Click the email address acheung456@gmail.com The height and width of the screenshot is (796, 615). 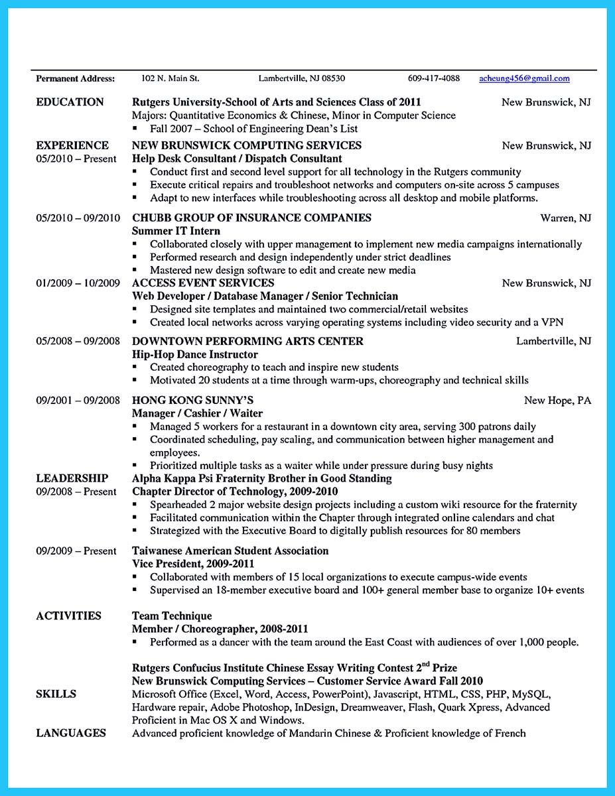click(524, 78)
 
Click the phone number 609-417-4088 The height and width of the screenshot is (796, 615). click(433, 78)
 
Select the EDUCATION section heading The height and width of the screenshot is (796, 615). click(70, 102)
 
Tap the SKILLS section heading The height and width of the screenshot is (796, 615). click(56, 694)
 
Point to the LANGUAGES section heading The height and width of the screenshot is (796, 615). click(71, 733)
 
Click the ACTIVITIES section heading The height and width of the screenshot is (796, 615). click(68, 616)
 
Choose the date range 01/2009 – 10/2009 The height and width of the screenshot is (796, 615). click(78, 283)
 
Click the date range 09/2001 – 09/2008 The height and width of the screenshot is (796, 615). click(78, 401)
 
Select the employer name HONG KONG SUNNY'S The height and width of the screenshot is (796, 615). click(192, 401)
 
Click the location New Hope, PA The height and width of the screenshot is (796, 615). click(557, 401)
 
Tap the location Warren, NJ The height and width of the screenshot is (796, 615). click(565, 218)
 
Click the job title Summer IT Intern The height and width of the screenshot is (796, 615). click(176, 231)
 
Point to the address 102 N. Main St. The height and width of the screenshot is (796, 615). click(170, 78)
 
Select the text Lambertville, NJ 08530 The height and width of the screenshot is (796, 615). click(301, 78)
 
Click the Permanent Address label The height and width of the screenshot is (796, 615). click(75, 78)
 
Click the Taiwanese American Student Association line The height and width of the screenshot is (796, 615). click(230, 551)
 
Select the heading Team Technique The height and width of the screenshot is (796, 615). click(172, 616)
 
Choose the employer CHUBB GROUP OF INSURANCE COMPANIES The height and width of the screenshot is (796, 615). click(251, 218)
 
